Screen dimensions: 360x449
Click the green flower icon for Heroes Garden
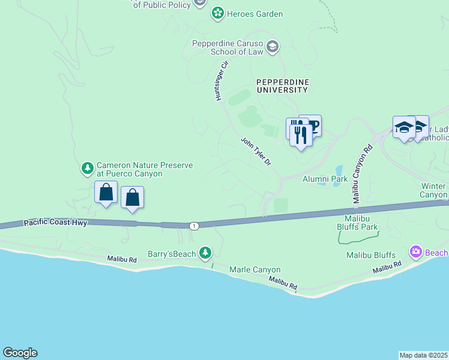coord(217,13)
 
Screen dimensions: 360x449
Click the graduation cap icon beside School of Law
coord(273,47)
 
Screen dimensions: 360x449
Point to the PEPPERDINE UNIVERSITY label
coord(282,85)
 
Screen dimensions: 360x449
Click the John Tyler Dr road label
coord(256,151)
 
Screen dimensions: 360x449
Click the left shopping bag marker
coord(106,193)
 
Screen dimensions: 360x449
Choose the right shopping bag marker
coord(132,198)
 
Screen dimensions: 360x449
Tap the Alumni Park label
coord(325,179)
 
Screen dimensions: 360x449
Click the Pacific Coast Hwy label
coord(56,223)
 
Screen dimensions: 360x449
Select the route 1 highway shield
coord(193,226)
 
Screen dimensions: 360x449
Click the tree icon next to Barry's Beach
coord(206,252)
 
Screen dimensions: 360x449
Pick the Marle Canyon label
coord(255,270)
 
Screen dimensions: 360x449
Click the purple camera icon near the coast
coord(415,252)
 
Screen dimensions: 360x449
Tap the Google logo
coord(20,353)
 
